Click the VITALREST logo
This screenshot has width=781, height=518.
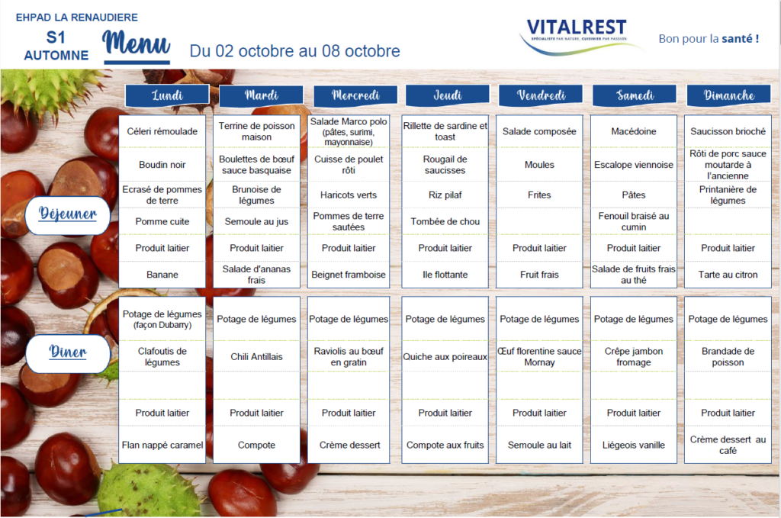(x=578, y=35)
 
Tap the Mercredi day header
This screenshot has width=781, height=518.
(x=355, y=95)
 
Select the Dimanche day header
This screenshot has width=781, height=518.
(x=728, y=95)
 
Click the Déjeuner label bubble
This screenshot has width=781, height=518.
(x=68, y=215)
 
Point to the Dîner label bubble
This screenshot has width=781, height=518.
(x=68, y=353)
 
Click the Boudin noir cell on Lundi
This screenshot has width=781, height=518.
(x=162, y=164)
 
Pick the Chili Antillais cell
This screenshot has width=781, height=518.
(x=256, y=356)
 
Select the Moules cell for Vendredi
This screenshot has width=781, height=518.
(x=539, y=164)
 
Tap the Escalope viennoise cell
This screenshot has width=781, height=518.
(x=634, y=164)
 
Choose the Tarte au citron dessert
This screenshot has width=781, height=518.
(x=728, y=275)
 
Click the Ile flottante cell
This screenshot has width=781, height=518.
(x=445, y=275)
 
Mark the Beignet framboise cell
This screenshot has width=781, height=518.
(x=349, y=275)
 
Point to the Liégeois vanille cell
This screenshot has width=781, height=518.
(x=634, y=445)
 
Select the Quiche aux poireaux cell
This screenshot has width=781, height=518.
(x=445, y=356)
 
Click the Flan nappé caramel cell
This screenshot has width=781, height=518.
(x=162, y=445)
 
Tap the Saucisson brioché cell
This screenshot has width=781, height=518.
(x=728, y=131)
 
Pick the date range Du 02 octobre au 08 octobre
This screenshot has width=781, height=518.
(x=295, y=51)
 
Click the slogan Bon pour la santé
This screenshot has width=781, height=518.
(x=709, y=38)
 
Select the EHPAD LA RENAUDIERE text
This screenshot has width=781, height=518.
(x=77, y=18)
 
